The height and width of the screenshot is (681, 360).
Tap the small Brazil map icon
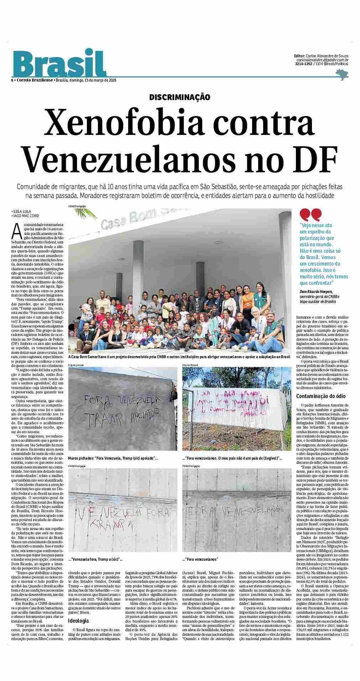click(x=342, y=74)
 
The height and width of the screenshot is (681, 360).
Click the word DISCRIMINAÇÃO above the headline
click(x=179, y=97)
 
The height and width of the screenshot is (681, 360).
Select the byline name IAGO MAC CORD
click(x=26, y=216)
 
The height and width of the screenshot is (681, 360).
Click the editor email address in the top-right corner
click(x=322, y=60)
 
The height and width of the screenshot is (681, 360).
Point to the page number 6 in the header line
click(x=12, y=80)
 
